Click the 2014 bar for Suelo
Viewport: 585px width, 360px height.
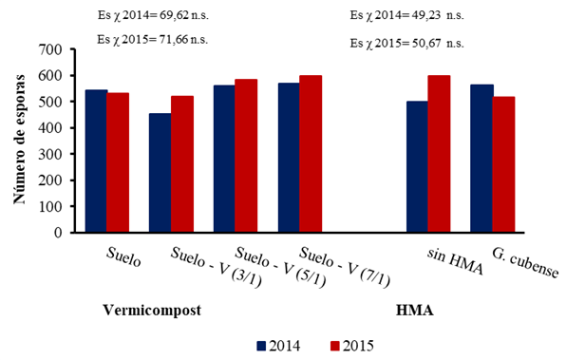[x=96, y=161]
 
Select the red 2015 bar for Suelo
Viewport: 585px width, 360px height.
[x=118, y=162]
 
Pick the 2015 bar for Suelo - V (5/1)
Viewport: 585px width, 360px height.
[x=246, y=156]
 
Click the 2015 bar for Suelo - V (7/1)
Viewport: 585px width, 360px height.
[x=310, y=154]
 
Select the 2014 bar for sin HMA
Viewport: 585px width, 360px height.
[x=417, y=166]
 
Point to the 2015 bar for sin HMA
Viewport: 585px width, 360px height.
[x=439, y=154]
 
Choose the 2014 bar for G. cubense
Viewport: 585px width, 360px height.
[x=481, y=159]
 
